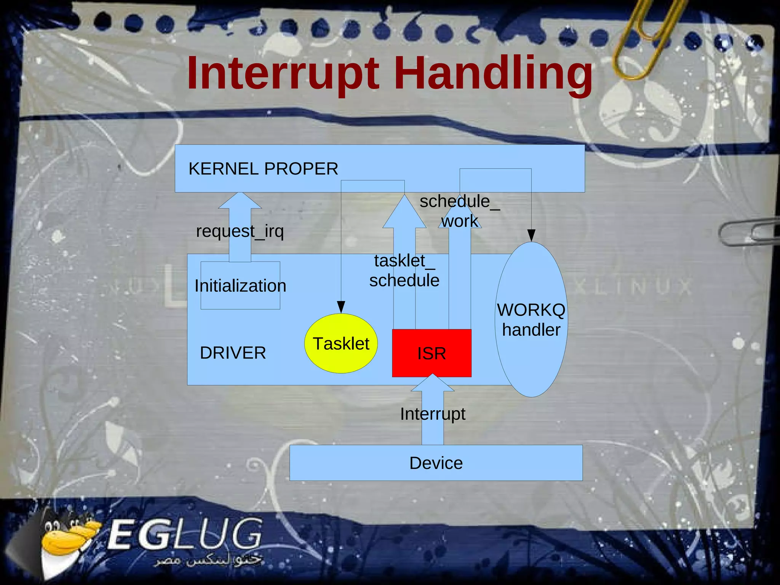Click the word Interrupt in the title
tap(283, 73)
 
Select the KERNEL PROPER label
tap(263, 169)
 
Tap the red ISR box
tap(432, 353)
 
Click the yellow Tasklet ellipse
tap(341, 343)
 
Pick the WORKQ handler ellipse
tap(531, 320)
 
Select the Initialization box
tap(240, 285)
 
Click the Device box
tap(436, 463)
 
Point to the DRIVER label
tap(233, 353)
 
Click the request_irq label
tap(240, 231)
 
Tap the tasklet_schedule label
tap(404, 271)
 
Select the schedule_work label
tap(459, 211)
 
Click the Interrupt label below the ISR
tap(433, 414)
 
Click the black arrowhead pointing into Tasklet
tap(341, 307)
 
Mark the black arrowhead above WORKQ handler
tap(531, 235)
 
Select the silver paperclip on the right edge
tap(746, 232)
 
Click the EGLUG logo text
tap(185, 535)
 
